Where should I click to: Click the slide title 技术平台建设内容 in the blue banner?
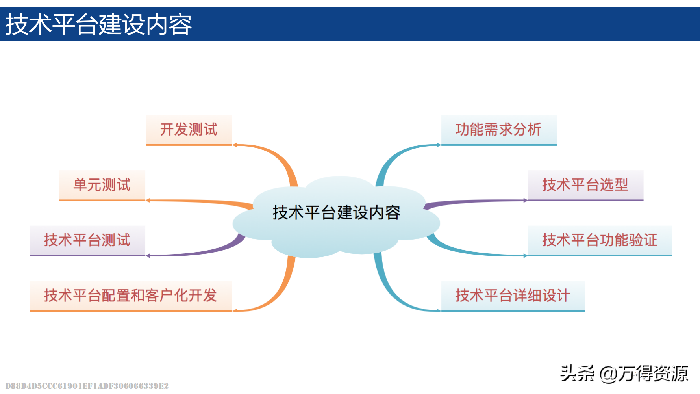98,24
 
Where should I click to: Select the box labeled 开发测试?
189,130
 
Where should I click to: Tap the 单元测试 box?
102,185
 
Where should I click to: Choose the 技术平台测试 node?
87,240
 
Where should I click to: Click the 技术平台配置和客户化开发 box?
131,295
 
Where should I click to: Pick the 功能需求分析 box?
498,130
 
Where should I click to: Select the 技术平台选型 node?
585,185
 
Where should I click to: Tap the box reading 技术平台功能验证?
600,240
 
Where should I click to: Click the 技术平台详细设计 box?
513,295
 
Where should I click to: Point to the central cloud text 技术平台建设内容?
337,213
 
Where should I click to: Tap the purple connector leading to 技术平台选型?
472,202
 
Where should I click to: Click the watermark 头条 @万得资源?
624,374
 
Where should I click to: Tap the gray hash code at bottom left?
87,386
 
